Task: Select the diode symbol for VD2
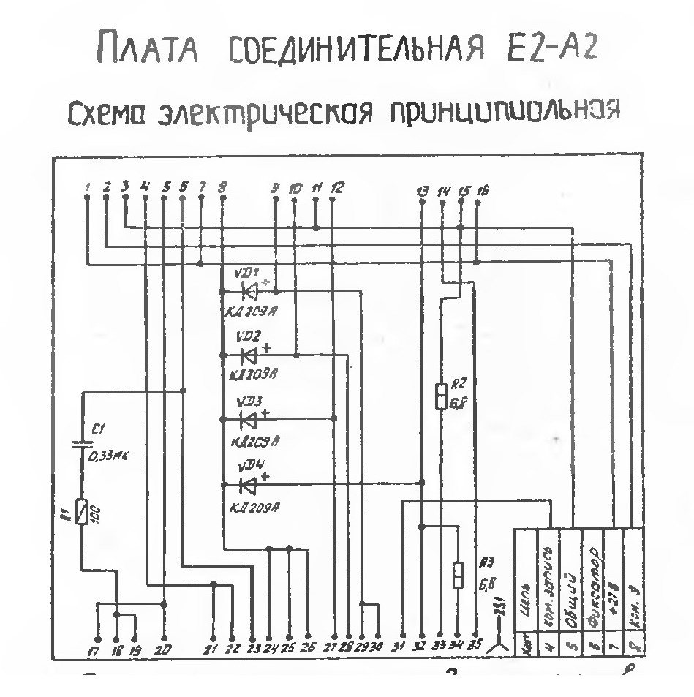[247, 355]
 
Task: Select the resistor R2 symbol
[441, 396]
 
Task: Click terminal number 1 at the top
[87, 188]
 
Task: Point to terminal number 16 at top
[483, 191]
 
